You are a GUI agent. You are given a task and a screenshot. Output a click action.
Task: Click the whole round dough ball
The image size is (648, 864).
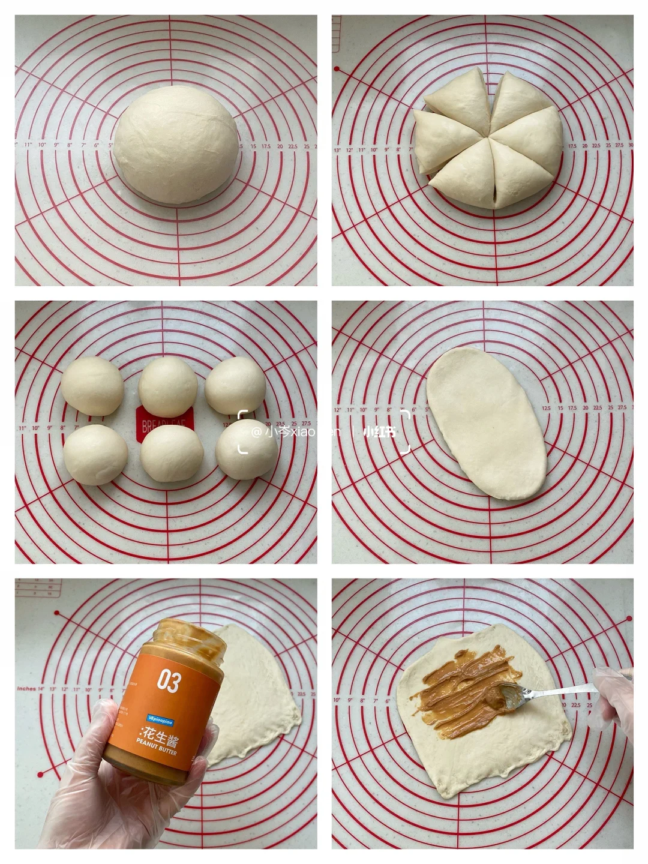point(178,150)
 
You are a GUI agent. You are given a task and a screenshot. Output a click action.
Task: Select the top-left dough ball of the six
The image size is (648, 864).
point(92,385)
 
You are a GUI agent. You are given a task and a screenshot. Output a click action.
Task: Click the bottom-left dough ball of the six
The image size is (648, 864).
point(95,454)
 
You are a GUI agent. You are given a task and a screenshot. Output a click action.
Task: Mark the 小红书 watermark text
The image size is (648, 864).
point(380,431)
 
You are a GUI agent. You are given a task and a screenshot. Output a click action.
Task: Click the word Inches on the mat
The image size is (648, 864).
point(27,689)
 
